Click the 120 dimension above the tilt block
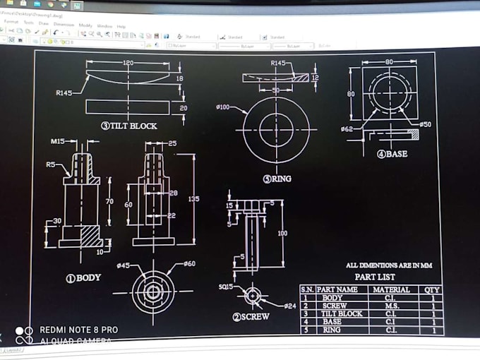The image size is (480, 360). click(128, 63)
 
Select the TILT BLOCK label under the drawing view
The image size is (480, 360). click(129, 126)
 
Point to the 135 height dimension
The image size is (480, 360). click(194, 199)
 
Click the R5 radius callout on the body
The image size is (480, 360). click(51, 164)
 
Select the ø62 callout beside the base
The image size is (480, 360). click(347, 129)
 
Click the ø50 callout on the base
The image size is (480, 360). click(425, 124)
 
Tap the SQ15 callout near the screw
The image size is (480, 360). click(227, 287)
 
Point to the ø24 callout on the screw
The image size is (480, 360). click(289, 306)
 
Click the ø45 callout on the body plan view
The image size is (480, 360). click(123, 265)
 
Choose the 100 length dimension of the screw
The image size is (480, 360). click(282, 233)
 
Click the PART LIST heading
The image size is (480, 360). click(375, 277)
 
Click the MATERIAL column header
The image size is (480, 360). click(391, 289)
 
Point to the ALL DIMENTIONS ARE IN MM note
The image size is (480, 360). click(388, 265)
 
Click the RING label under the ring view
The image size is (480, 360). click(277, 179)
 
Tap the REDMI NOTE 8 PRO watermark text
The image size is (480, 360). click(78, 330)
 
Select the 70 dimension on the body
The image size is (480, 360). click(109, 201)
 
